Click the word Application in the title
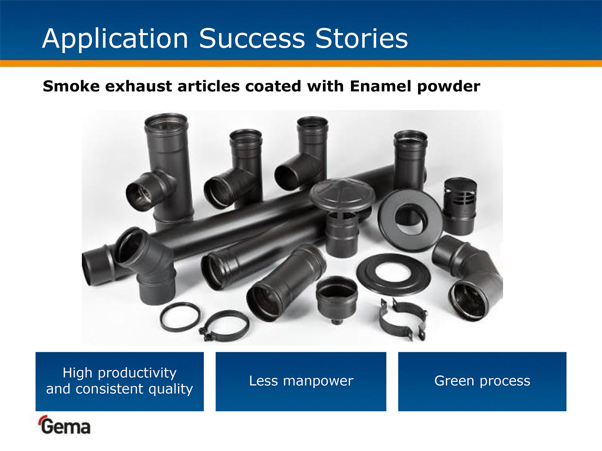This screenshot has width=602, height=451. pos(115,39)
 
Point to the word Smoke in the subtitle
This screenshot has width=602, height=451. pos(71,86)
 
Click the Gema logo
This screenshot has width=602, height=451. pos(64,425)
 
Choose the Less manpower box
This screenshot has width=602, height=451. pos(301,381)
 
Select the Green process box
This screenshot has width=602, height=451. pos(482,381)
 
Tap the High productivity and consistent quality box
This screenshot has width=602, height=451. pos(120,381)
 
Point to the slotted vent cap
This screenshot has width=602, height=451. pos(460,206)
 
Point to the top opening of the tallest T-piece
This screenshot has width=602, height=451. pos(166,121)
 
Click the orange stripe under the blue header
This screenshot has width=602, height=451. pos(301,64)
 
